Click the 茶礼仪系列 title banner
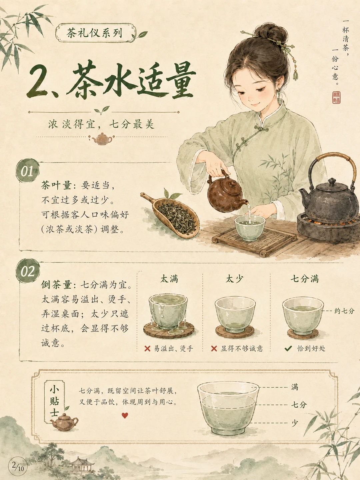tap(96, 33)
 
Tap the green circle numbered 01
tap(28, 171)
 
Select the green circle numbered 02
tap(28, 271)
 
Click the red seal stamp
tap(336, 98)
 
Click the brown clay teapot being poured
tap(225, 192)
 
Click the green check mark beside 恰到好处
tap(288, 348)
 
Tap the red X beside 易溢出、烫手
tap(147, 348)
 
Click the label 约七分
tap(344, 311)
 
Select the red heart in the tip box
tap(125, 415)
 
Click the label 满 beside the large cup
tap(295, 387)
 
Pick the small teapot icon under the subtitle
tap(102, 139)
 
